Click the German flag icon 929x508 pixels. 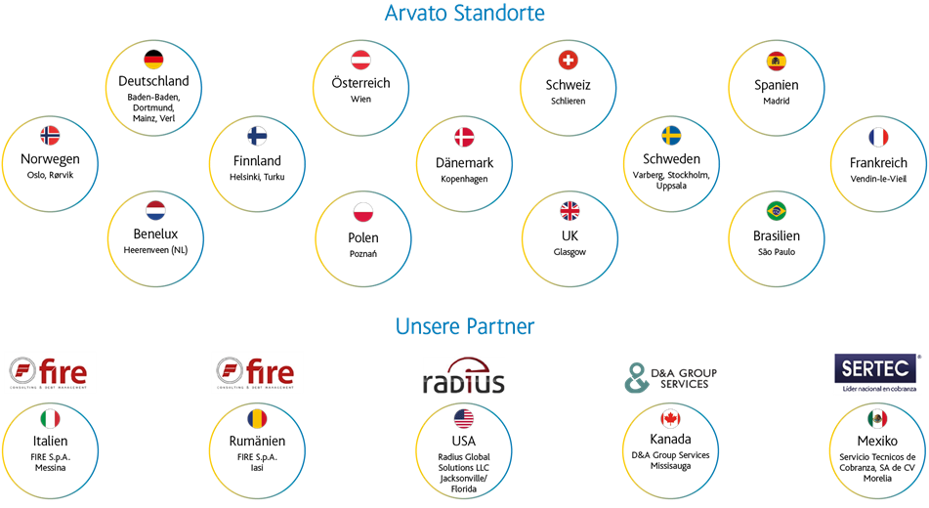[x=153, y=60]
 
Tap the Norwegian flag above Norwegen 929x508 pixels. [x=50, y=135]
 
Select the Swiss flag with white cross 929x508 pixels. [x=569, y=60]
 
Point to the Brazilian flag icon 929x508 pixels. [x=777, y=210]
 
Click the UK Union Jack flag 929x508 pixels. [x=570, y=210]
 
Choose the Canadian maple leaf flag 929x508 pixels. [x=670, y=418]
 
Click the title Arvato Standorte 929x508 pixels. [x=465, y=13]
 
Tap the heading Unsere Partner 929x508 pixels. [x=465, y=326]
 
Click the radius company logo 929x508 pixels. [x=463, y=375]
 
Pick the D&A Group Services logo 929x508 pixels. [x=671, y=378]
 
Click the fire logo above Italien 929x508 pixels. [x=48, y=373]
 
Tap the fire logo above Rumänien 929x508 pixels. [x=255, y=373]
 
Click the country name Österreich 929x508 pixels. [x=360, y=82]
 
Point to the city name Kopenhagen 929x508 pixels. [x=465, y=179]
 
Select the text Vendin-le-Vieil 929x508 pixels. [x=878, y=179]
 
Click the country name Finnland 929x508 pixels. [x=257, y=160]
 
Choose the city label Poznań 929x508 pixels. [x=363, y=254]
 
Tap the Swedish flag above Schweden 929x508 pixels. [x=671, y=135]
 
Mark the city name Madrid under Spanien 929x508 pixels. [x=777, y=101]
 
